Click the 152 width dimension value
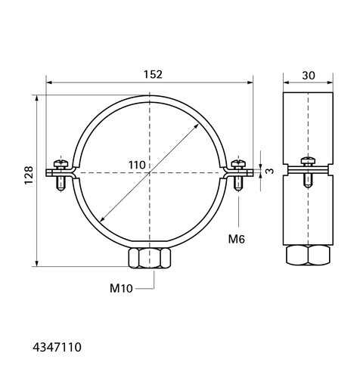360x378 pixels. click(x=153, y=75)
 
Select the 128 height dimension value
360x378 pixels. click(x=29, y=175)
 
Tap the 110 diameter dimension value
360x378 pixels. click(x=137, y=166)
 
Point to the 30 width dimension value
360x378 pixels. click(x=309, y=76)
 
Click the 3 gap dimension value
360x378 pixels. click(x=270, y=171)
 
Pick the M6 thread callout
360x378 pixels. click(x=237, y=239)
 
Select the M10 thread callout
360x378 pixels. click(x=121, y=288)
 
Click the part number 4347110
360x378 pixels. click(x=57, y=347)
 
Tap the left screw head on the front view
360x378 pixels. click(x=61, y=163)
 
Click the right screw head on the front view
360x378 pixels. click(x=238, y=163)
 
